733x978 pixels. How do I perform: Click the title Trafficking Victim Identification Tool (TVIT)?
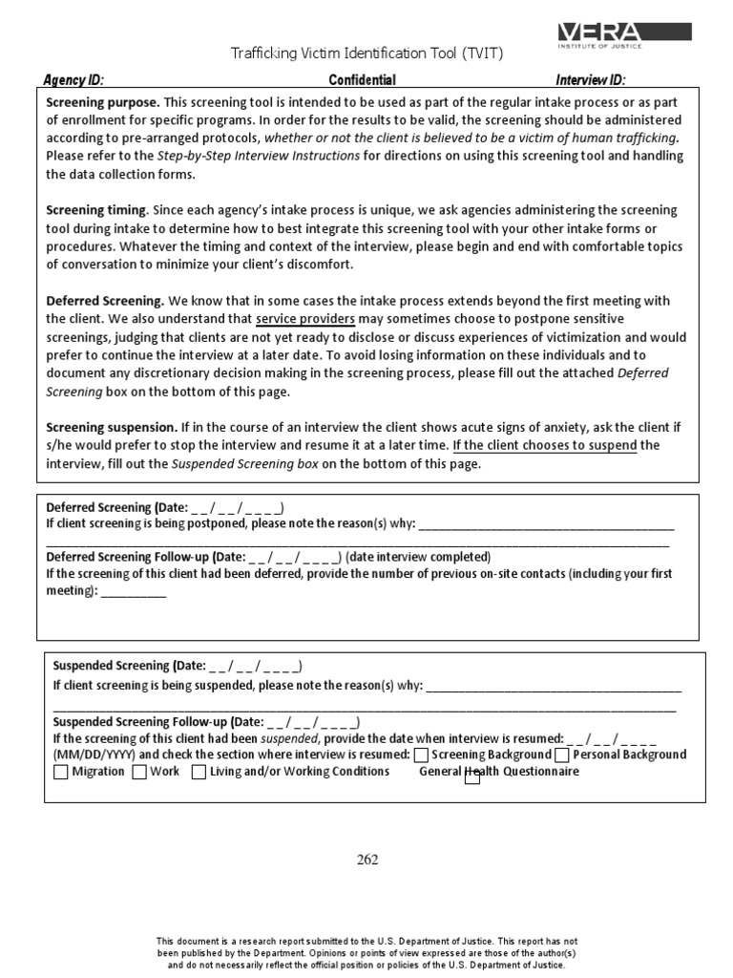tap(367, 53)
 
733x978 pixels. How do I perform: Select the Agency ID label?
tap(73, 80)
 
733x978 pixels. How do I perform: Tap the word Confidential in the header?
tap(362, 80)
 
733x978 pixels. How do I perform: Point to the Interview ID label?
tap(591, 80)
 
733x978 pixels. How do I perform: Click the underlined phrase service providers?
tap(305, 318)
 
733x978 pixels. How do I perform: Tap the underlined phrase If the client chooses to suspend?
tap(544, 445)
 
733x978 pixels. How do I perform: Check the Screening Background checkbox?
tap(421, 755)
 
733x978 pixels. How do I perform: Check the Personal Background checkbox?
tap(562, 755)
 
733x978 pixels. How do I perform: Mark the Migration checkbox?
tap(61, 773)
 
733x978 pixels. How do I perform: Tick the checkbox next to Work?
tap(139, 773)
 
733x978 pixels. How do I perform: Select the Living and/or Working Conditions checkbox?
tap(199, 773)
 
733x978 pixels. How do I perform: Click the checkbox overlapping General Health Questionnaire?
tap(471, 777)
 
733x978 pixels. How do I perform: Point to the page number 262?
tap(367, 860)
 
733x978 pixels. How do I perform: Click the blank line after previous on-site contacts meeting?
tap(133, 592)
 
